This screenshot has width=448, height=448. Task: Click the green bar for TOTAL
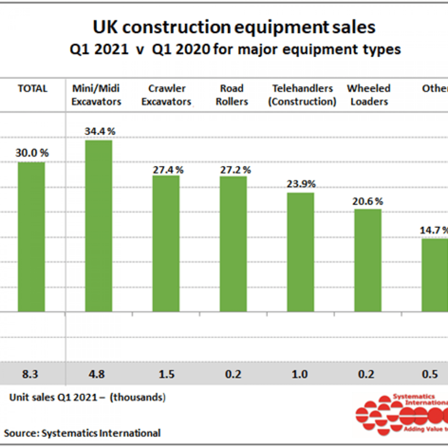[32, 237]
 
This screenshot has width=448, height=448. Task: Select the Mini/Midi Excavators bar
[99, 226]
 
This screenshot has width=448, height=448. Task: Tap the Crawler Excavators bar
[166, 244]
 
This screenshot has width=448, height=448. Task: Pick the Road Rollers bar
[233, 244]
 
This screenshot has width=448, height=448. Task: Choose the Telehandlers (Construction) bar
[300, 252]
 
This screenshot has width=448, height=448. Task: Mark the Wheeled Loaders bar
[368, 260]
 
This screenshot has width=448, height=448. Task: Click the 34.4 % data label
[100, 131]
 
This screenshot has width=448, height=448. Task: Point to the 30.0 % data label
[32, 153]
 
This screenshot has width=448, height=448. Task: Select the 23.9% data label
[301, 184]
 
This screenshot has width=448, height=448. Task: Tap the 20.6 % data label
[367, 201]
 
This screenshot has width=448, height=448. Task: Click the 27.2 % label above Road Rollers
[235, 170]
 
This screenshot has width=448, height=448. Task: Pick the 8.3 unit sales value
[30, 374]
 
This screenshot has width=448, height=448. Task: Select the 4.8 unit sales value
[97, 374]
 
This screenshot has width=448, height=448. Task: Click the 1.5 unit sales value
[167, 374]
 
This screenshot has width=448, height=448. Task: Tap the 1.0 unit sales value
[300, 374]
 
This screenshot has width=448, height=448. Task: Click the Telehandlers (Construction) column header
[302, 95]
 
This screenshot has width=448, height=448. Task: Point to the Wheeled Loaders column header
[369, 95]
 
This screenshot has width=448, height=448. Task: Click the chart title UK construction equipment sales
[234, 27]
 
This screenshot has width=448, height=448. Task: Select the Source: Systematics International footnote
[82, 433]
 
